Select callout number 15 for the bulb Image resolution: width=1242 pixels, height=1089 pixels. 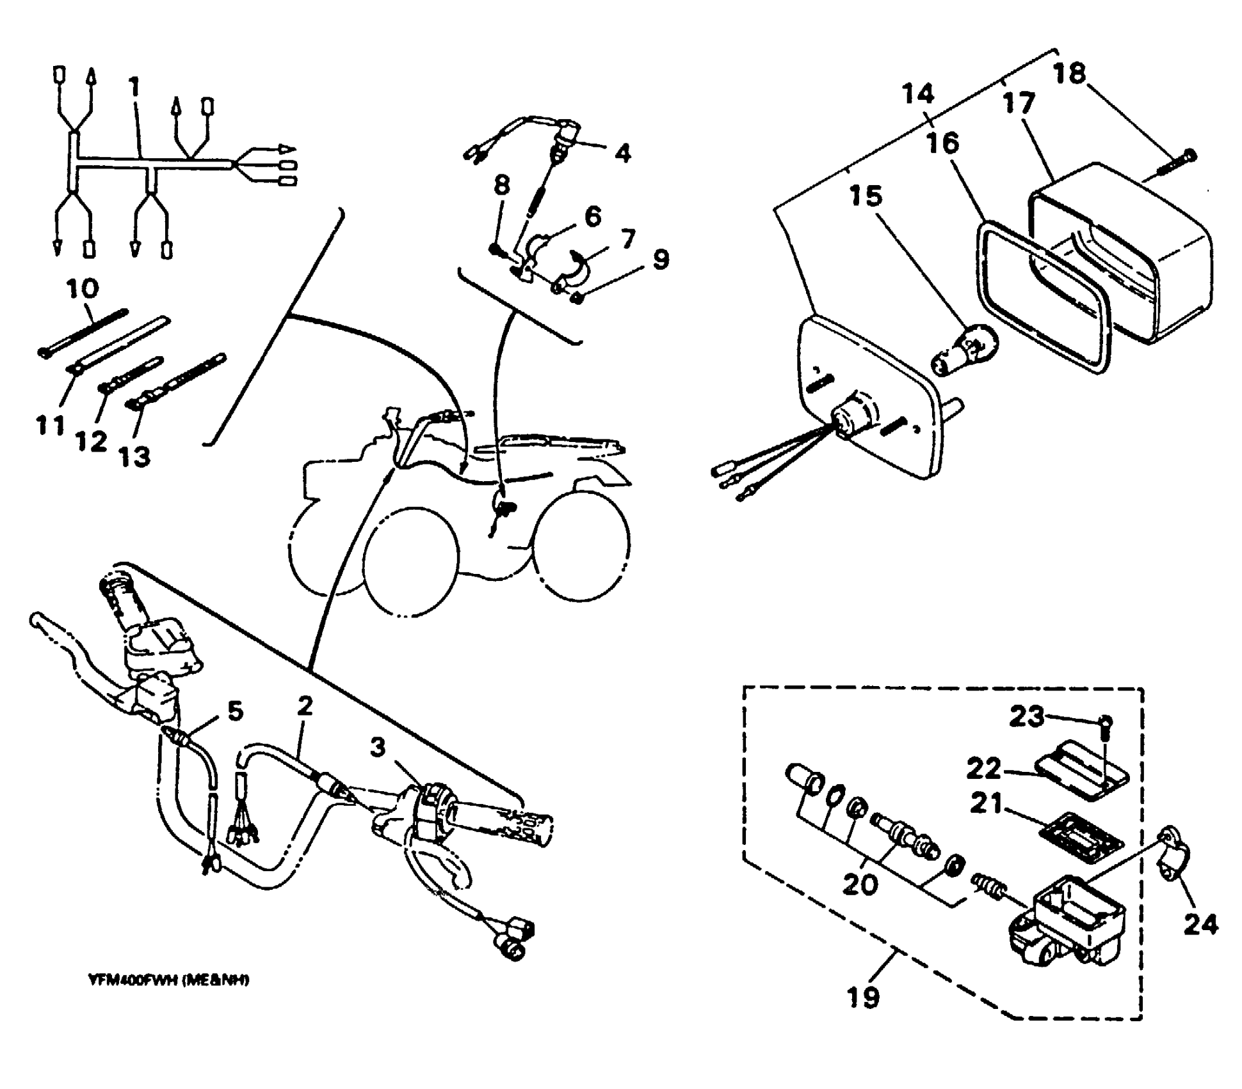(x=866, y=196)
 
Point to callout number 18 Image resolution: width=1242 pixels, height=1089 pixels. (x=1070, y=73)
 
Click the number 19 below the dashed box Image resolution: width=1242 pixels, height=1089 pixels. (x=862, y=997)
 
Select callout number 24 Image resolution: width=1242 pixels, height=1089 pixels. (x=1200, y=923)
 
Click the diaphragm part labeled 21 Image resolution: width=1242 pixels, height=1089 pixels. (x=1082, y=833)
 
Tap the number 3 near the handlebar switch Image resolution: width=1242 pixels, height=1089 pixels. (x=378, y=747)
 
